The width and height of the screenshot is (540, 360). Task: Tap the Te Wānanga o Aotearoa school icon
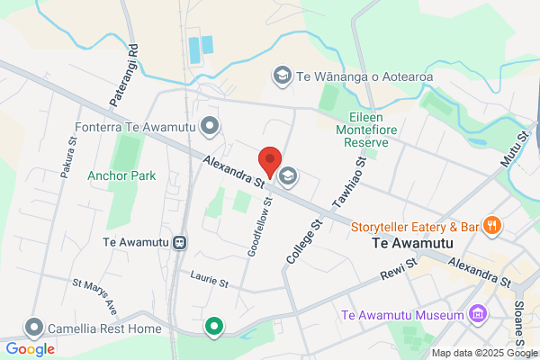(282, 76)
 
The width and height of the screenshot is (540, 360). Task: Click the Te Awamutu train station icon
(180, 241)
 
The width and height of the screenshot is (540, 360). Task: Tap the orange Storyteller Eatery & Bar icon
(490, 226)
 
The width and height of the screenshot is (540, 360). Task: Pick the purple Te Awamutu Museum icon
(476, 315)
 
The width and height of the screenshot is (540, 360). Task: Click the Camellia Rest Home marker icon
(35, 327)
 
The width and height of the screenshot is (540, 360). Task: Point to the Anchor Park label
(121, 175)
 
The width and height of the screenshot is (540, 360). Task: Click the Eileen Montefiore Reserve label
(369, 130)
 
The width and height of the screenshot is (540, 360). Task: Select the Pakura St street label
(69, 157)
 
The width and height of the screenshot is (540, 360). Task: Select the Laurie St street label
(209, 281)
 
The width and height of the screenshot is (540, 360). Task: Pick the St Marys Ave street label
(96, 295)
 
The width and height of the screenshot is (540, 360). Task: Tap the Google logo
(31, 349)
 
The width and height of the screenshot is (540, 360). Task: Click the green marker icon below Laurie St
(213, 327)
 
